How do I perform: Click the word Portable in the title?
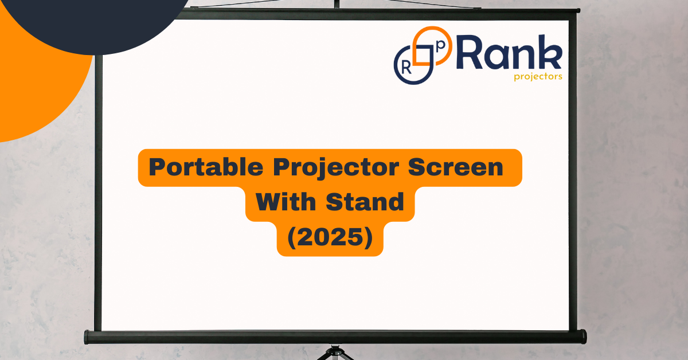tap(206, 167)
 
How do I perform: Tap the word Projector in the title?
tap(336, 169)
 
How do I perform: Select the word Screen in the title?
tap(455, 167)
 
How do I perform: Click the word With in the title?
tap(286, 202)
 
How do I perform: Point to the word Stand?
tap(365, 202)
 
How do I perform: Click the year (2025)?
tap(330, 237)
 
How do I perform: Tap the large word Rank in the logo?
tap(510, 52)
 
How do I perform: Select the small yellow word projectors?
tap(538, 76)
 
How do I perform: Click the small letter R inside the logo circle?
tap(406, 68)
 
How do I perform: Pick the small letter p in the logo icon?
tap(441, 45)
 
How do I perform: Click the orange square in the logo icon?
tap(423, 54)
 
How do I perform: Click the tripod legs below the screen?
tap(335, 353)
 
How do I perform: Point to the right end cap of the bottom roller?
tap(583, 337)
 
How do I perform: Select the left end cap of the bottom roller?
tap(87, 337)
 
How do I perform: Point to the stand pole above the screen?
tap(337, 3)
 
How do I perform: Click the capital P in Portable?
tap(157, 167)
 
